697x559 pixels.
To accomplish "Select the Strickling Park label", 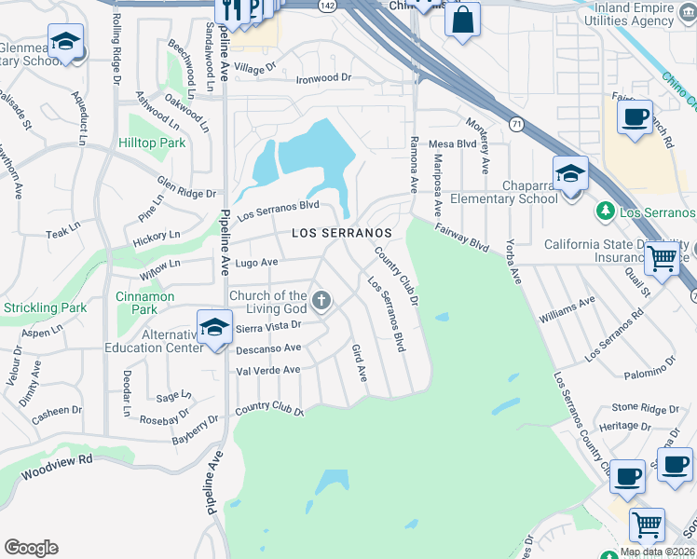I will pyautogui.click(x=45, y=307).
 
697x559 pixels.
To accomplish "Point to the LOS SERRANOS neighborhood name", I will pyautogui.click(x=340, y=233).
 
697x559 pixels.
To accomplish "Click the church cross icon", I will pyautogui.click(x=321, y=299).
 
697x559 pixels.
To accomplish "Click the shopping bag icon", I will pyautogui.click(x=462, y=19).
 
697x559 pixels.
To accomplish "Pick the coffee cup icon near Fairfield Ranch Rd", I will pyautogui.click(x=635, y=117).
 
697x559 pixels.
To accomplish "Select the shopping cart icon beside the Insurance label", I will pyautogui.click(x=663, y=258).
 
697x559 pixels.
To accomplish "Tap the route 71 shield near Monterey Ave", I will pyautogui.click(x=514, y=123).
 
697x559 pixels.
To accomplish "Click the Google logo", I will pyautogui.click(x=31, y=548).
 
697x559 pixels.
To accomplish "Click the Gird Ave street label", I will pyautogui.click(x=359, y=362).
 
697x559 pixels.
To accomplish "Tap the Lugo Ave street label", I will pyautogui.click(x=255, y=264).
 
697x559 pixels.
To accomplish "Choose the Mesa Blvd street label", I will pyautogui.click(x=453, y=144).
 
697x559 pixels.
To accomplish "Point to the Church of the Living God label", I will pyautogui.click(x=268, y=302).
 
